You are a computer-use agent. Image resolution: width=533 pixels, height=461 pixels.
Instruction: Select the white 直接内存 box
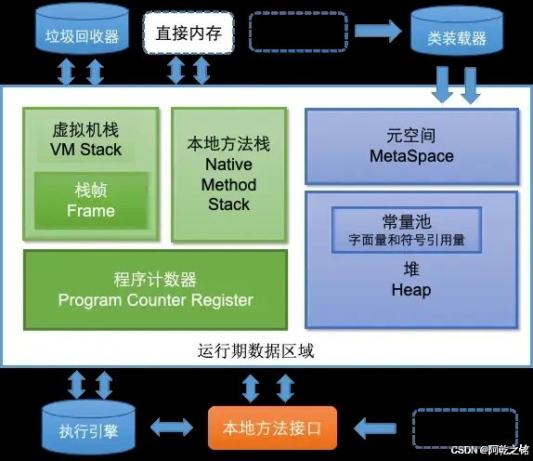188,33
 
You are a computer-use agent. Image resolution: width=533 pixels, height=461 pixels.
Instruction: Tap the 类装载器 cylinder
457,31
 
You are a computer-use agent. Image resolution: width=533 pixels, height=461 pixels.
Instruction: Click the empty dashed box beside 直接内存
298,32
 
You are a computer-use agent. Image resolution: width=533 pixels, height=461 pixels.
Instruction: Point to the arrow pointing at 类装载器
378,32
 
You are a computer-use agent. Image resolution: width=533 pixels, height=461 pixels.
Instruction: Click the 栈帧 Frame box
91,200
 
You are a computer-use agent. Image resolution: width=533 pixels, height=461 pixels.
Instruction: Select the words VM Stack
85,150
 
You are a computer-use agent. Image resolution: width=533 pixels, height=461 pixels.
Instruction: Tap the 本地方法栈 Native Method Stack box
228,175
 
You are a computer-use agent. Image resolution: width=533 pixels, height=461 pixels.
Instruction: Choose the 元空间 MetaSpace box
411,147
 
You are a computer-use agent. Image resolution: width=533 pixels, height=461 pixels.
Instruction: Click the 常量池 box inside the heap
407,230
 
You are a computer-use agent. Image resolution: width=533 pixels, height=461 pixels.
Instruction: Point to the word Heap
411,290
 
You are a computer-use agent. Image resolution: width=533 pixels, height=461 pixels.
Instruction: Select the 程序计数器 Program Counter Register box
155,290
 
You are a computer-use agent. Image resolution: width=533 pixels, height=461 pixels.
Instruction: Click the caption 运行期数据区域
255,350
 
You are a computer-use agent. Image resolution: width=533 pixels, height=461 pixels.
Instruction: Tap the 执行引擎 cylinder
88,428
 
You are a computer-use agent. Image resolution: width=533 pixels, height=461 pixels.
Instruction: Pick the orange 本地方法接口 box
272,428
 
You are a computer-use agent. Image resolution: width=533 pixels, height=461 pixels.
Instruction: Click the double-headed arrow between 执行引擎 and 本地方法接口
172,428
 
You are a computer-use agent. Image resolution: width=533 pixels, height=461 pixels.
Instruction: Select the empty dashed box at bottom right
464,428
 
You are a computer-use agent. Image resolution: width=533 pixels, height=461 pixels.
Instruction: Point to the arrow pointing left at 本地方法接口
375,428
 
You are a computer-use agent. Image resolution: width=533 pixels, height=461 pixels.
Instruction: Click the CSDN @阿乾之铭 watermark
490,450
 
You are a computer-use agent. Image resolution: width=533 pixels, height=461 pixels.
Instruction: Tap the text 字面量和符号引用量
407,240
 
